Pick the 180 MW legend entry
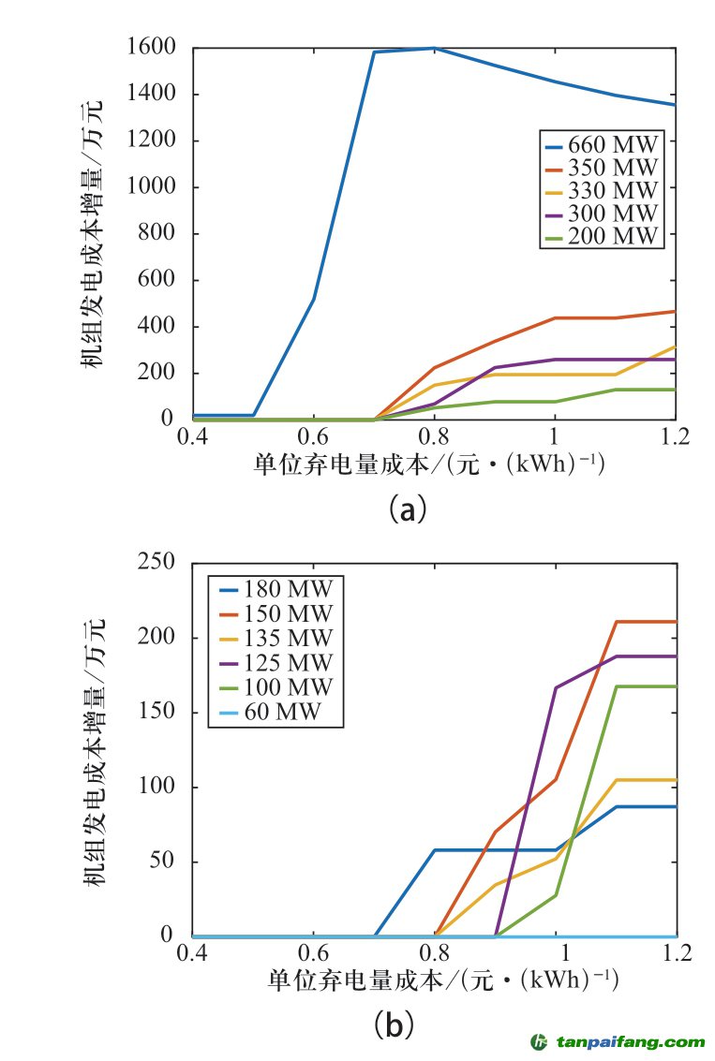pos(277,590)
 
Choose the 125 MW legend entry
pos(277,663)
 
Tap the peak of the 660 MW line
pos(434,48)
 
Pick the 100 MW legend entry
pos(277,687)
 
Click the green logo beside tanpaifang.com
pos(540,1041)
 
